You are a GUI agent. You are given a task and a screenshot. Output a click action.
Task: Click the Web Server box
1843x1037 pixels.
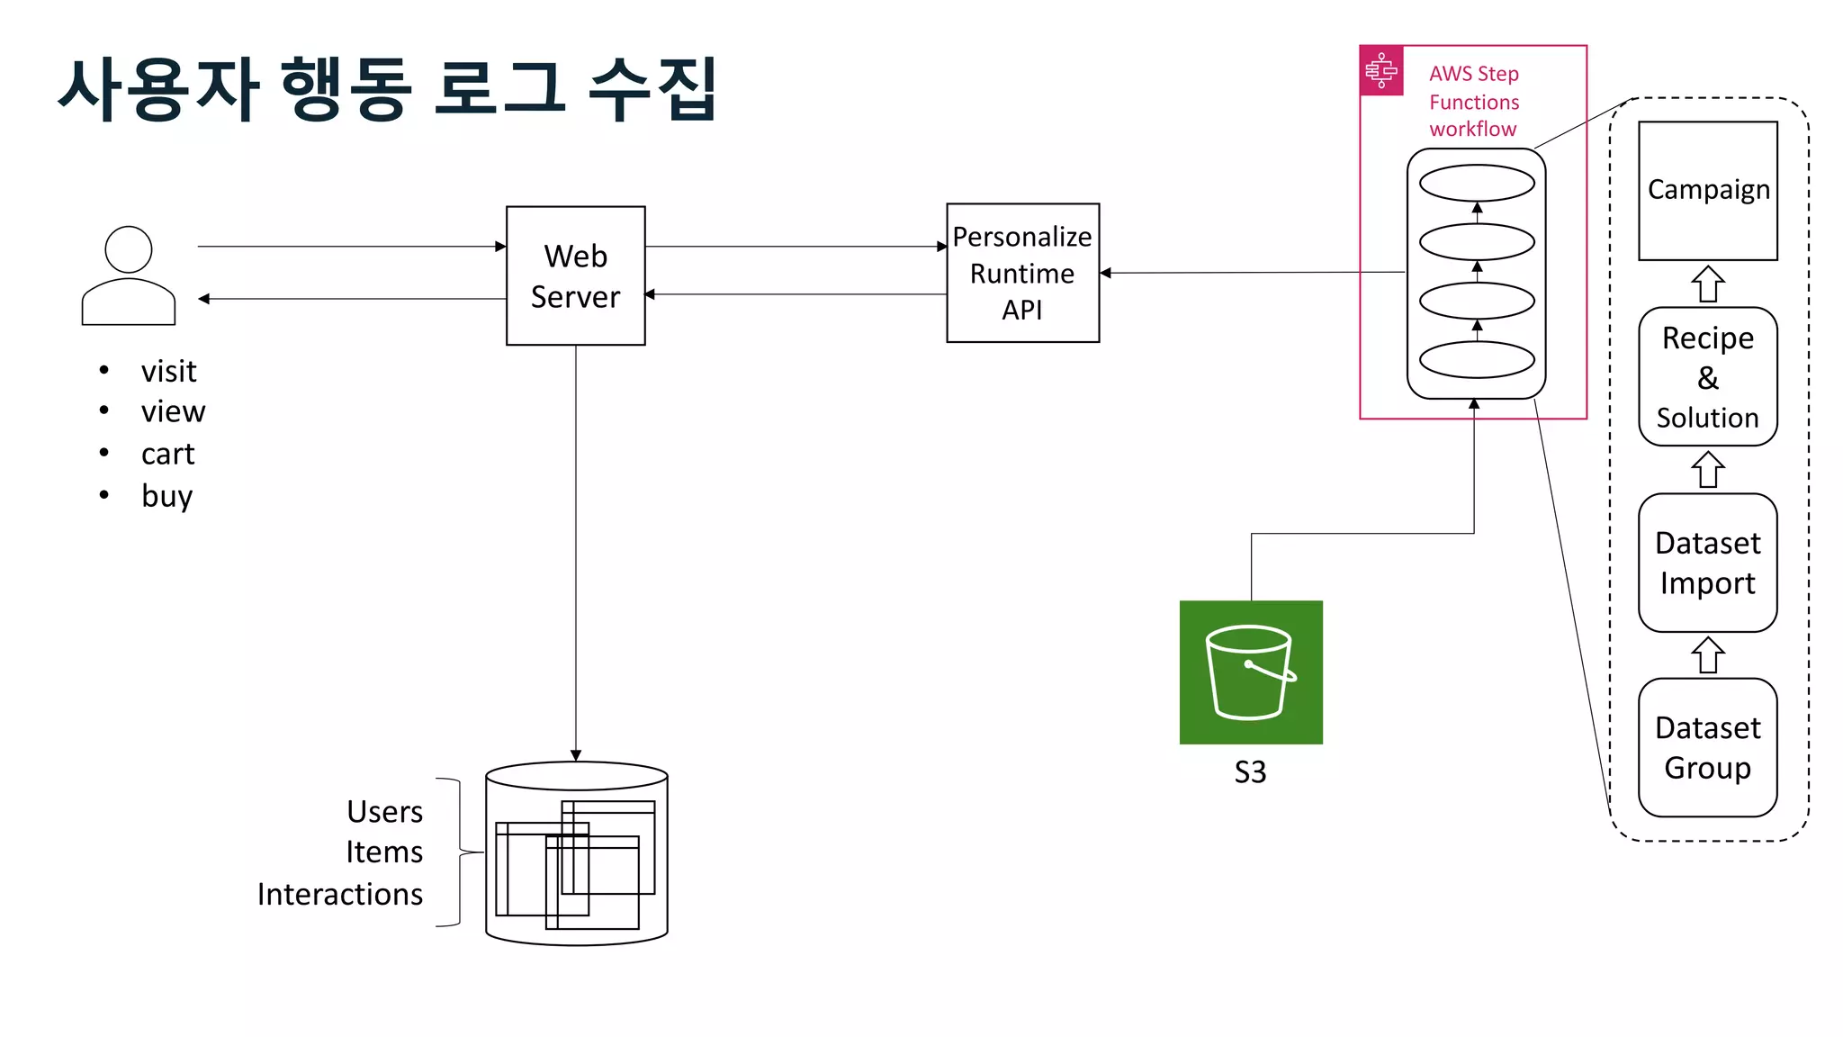(575, 275)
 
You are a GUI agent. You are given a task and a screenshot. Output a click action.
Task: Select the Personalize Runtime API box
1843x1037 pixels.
(1022, 273)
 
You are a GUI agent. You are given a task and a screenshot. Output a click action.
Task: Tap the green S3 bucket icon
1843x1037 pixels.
(1251, 672)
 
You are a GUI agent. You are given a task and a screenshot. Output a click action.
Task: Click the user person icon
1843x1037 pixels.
(129, 275)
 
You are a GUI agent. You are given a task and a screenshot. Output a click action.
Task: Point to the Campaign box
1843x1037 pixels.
(1707, 191)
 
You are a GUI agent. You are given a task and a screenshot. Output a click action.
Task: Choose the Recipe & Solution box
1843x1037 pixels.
(1707, 377)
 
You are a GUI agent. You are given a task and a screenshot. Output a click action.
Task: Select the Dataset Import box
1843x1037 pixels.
(1707, 563)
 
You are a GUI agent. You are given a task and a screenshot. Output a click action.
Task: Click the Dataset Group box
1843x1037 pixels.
(1707, 747)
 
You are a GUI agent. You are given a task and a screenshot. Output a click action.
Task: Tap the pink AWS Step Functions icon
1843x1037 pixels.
(1381, 70)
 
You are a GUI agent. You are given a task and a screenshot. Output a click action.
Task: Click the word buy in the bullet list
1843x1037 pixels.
(167, 496)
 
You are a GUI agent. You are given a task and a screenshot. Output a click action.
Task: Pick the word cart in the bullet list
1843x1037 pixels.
(167, 454)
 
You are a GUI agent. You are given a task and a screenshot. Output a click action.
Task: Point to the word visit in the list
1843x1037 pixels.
(168, 371)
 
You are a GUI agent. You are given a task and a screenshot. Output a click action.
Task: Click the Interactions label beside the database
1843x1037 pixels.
(340, 894)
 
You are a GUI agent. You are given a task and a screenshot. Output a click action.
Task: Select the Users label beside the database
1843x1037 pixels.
(384, 812)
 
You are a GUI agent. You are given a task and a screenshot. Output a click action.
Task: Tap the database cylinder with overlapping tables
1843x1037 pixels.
(576, 853)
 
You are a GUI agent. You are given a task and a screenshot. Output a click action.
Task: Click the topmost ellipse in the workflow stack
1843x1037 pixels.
(1477, 184)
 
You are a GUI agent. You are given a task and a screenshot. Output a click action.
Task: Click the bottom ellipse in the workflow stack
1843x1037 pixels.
(1477, 360)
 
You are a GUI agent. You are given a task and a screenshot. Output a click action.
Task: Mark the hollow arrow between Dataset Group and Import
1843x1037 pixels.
(1707, 655)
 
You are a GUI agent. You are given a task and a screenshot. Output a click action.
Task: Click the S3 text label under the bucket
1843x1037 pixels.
(1250, 772)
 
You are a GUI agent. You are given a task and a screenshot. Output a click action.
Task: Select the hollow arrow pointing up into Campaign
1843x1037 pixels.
(1707, 284)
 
